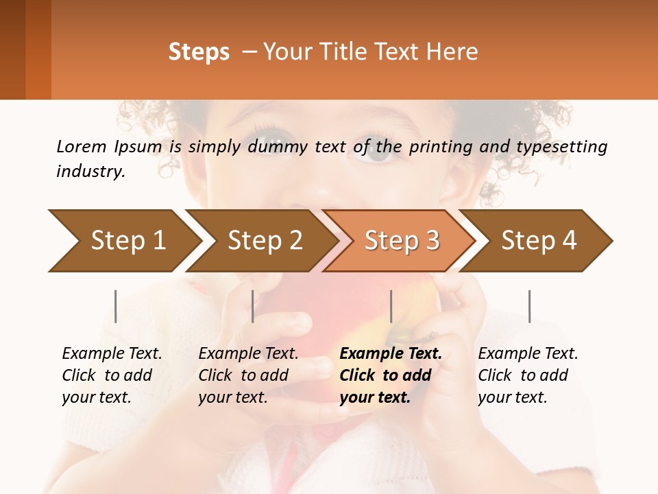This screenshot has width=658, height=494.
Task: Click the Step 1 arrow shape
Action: click(123, 241)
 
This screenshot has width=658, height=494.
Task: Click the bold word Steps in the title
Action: click(199, 52)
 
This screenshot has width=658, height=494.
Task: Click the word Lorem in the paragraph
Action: click(82, 147)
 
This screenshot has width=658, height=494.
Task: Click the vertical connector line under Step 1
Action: click(116, 306)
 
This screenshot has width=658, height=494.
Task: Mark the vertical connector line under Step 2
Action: click(253, 306)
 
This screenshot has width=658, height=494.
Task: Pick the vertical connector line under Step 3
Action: click(391, 306)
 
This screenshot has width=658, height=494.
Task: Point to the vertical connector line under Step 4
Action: click(529, 306)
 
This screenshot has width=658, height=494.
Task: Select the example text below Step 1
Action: click(111, 375)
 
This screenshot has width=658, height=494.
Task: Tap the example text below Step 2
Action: click(247, 375)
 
